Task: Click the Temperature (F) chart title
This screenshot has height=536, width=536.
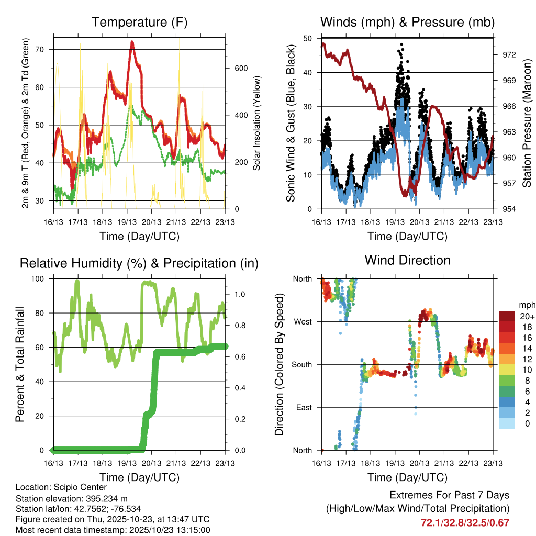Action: (139, 23)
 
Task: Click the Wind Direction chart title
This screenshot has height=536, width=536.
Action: (407, 260)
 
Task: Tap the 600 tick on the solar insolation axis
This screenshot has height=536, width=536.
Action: (240, 69)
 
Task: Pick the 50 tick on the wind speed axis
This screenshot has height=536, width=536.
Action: (308, 39)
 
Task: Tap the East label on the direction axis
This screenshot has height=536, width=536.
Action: (303, 407)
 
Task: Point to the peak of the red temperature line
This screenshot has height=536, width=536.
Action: (132, 42)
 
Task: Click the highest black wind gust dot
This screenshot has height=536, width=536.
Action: (401, 44)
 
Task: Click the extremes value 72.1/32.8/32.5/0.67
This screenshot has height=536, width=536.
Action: (465, 522)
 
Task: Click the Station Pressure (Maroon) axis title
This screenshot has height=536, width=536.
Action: (527, 124)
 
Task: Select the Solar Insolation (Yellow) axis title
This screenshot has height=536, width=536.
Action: (257, 124)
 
